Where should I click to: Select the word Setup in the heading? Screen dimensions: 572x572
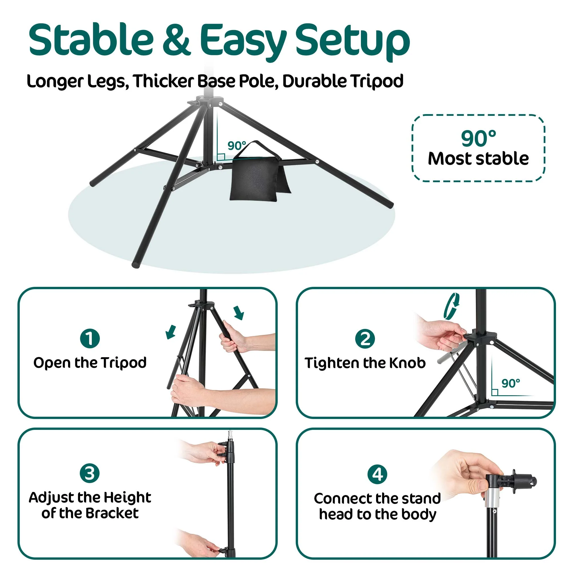352,43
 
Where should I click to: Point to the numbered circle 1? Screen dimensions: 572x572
90,338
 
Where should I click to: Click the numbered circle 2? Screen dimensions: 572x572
365,338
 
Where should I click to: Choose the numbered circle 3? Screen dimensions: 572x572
90,473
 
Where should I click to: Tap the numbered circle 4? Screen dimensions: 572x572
377,474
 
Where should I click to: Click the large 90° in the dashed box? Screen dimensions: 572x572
478,138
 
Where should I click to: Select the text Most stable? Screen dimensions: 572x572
478,159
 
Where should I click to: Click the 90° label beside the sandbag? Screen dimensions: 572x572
237,146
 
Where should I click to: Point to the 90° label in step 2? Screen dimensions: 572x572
511,384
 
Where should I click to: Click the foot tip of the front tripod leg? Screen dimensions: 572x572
136,265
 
